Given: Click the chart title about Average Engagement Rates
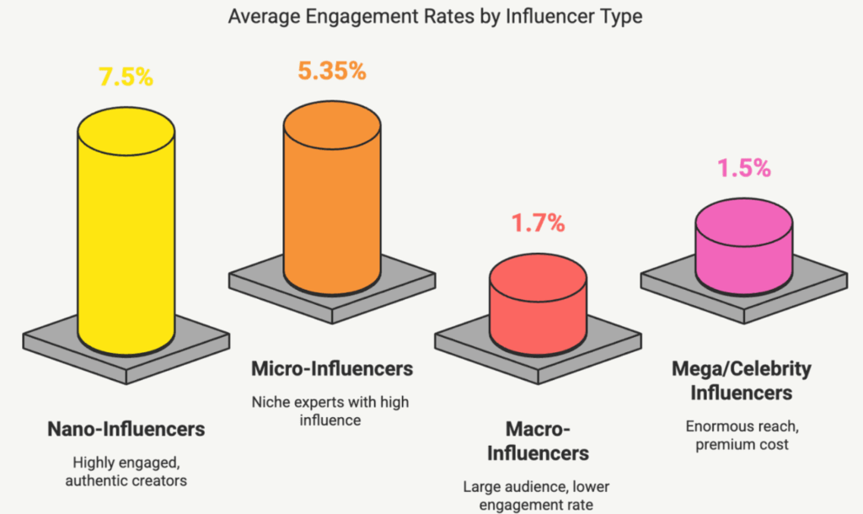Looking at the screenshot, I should click(x=431, y=17).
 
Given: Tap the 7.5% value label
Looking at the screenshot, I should click(x=126, y=78).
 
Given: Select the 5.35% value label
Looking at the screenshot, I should click(x=331, y=71).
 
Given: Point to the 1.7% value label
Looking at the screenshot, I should click(x=537, y=225).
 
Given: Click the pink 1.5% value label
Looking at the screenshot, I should click(x=743, y=169).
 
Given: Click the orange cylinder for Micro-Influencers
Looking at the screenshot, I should click(x=331, y=211).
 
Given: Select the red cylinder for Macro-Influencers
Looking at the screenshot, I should click(x=538, y=312).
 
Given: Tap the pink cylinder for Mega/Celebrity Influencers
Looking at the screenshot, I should click(x=743, y=253).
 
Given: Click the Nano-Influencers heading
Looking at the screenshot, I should click(x=126, y=429).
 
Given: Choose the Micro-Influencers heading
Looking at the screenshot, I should click(x=333, y=368).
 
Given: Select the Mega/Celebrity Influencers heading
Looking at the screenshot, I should click(x=742, y=381).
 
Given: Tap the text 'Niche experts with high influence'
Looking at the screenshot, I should click(x=333, y=410).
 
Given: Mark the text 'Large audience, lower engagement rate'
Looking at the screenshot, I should click(x=539, y=495).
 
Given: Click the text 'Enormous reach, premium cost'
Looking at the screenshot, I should click(x=742, y=434).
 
